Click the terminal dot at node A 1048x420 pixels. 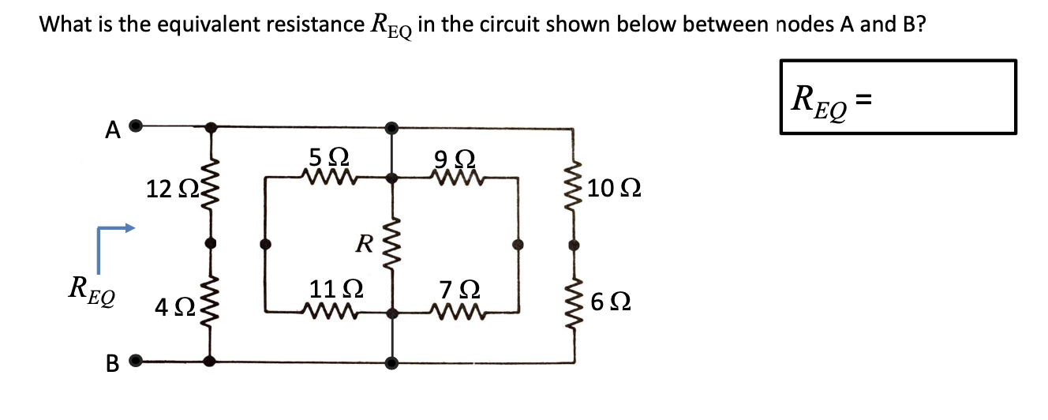pos(136,125)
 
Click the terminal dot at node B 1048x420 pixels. pos(136,362)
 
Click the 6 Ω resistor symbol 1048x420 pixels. pos(574,302)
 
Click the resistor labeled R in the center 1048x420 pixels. pos(391,245)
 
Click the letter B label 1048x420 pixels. pos(112,364)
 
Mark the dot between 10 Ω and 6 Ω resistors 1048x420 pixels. pos(574,245)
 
